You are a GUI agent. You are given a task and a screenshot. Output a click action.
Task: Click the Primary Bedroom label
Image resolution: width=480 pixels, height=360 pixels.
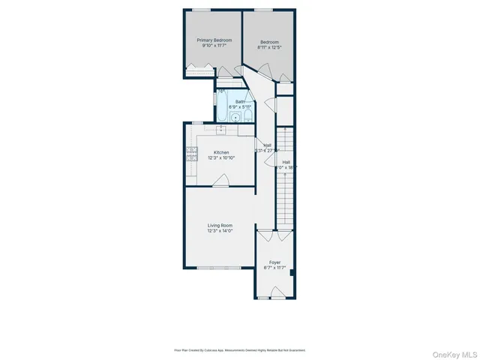click(214, 40)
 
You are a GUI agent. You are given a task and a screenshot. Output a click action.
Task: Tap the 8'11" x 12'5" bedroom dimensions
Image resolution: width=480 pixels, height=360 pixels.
click(270, 46)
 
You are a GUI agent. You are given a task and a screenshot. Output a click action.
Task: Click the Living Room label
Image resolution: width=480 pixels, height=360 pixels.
click(220, 225)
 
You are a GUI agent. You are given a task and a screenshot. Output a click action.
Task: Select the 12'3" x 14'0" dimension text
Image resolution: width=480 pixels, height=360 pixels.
click(220, 231)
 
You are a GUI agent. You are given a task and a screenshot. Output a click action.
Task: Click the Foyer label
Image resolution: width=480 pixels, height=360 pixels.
click(275, 262)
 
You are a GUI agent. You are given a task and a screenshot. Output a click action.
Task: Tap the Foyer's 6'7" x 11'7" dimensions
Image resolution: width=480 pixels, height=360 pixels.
click(275, 268)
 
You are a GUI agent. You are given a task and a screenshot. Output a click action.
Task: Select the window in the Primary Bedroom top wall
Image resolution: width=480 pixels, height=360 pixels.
click(200, 10)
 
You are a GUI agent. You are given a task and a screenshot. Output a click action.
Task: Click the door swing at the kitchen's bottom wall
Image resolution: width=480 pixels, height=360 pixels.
click(220, 180)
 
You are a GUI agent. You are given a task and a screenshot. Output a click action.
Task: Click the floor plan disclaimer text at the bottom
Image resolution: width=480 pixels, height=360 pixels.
click(240, 349)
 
